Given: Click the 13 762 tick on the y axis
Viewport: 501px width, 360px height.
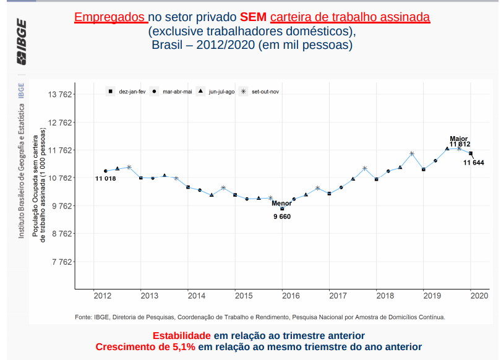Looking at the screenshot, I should (x=61, y=95).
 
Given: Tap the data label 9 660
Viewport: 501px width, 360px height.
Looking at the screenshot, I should (x=281, y=216).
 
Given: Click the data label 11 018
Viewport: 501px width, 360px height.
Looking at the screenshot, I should (x=105, y=179).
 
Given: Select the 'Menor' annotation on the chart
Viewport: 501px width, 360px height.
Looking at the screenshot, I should (x=281, y=203).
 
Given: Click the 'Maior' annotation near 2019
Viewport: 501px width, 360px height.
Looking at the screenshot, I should (x=458, y=139).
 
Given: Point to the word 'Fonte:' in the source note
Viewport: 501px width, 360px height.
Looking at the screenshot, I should (x=83, y=317).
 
